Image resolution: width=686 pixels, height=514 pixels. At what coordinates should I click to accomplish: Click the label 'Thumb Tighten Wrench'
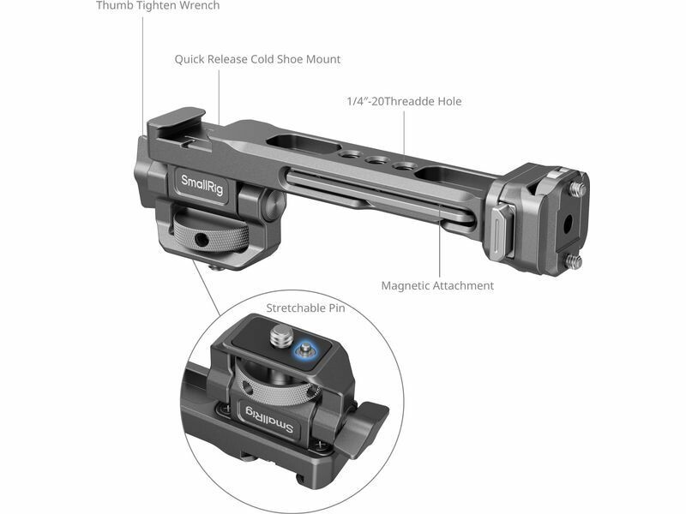click(158, 6)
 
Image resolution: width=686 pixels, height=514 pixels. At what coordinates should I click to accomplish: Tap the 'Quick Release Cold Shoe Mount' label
click(257, 59)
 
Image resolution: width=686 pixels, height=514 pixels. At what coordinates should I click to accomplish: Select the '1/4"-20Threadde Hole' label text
click(404, 101)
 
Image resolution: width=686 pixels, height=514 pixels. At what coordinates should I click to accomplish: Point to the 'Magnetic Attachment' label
click(437, 286)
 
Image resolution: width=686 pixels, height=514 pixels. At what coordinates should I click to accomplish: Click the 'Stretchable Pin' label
click(305, 308)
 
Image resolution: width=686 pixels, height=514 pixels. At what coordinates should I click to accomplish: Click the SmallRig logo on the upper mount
click(202, 185)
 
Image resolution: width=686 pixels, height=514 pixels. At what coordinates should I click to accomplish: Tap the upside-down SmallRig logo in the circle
click(267, 418)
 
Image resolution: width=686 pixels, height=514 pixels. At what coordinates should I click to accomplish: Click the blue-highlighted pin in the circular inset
click(305, 350)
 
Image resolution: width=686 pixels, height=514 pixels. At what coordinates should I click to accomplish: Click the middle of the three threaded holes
click(375, 161)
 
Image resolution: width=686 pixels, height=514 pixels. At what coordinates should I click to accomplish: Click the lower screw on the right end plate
click(575, 261)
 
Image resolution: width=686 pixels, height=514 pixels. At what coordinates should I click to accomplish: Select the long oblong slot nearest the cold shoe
click(304, 144)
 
